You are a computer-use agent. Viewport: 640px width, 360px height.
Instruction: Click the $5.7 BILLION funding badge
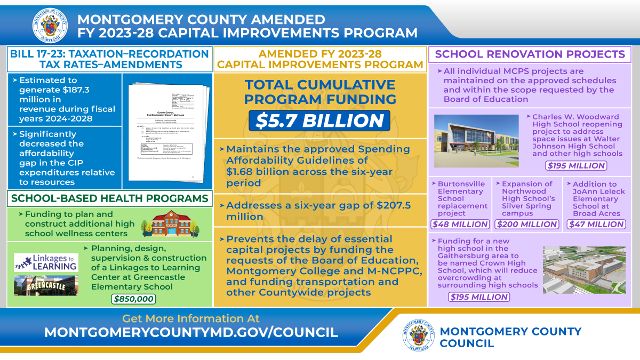pos(319,121)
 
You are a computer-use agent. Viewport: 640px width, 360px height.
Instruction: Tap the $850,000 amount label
pos(133,299)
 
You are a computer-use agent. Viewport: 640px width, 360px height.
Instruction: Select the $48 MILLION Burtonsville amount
pos(460,225)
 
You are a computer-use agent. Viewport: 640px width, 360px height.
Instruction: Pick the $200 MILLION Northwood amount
pos(527,225)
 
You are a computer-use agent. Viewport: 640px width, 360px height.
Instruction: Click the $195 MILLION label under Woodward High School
pos(577,165)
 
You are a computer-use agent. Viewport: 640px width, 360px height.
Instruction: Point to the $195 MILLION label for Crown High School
pos(478,297)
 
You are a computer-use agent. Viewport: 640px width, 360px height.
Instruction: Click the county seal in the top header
pos(50,25)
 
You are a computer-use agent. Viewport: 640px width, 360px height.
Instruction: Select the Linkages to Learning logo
pos(46,262)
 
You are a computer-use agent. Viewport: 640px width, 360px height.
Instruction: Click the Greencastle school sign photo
pos(46,285)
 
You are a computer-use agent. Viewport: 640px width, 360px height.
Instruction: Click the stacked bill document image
pos(167,131)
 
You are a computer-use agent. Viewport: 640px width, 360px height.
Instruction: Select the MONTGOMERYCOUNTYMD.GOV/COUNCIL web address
pos(191,332)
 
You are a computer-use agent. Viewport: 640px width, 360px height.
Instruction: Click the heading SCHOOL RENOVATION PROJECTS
pos(530,54)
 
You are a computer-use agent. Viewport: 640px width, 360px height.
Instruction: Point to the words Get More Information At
pos(191,318)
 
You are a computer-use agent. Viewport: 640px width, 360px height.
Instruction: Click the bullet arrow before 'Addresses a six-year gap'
pos(222,206)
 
